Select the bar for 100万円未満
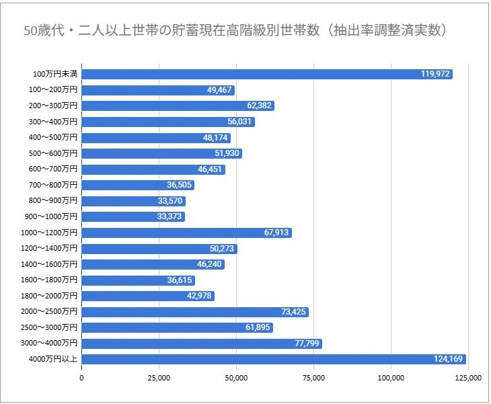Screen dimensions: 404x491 click(267, 74)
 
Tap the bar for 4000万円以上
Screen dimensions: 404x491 click(274, 359)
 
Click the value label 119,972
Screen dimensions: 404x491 click(435, 74)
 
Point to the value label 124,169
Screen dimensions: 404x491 click(448, 359)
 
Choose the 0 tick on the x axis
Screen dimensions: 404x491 click(82, 378)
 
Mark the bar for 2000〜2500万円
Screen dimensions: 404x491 click(195, 312)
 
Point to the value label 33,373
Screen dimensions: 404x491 click(167, 216)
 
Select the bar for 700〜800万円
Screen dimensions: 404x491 click(138, 185)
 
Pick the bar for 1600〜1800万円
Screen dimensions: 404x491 click(138, 280)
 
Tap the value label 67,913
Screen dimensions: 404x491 click(274, 233)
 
